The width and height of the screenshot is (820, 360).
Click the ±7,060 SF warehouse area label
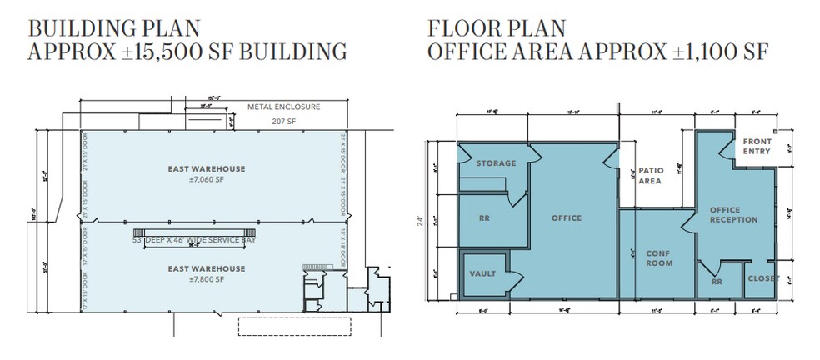click(x=206, y=179)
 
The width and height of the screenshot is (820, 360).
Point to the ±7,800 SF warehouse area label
click(x=206, y=279)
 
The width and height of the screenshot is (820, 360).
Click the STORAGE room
click(x=496, y=163)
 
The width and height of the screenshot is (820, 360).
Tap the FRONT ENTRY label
click(x=757, y=147)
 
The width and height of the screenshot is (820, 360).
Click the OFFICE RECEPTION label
click(x=733, y=214)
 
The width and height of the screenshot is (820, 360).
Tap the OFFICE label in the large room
click(x=567, y=218)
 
